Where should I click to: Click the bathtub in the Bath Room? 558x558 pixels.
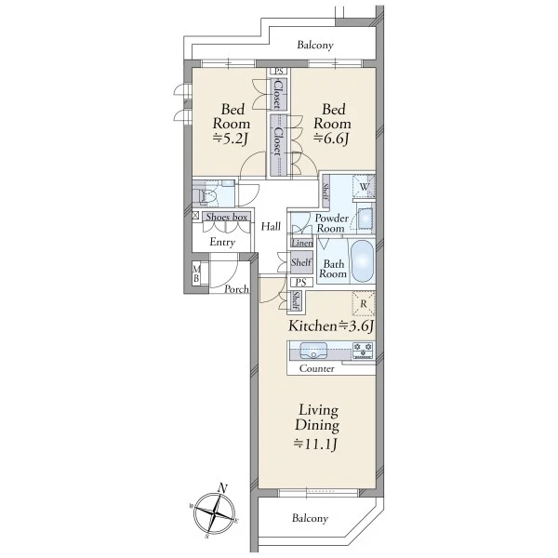363,261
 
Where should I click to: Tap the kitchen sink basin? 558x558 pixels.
313,351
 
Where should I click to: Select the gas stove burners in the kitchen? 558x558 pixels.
363,350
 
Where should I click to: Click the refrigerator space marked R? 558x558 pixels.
364,303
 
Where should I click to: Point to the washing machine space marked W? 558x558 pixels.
364,187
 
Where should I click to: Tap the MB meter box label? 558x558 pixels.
196,273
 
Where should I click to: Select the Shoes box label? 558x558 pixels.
227,217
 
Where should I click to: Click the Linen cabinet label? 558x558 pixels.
302,243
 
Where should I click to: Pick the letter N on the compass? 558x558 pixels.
223,488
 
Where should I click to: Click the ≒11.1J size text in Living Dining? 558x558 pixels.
315,444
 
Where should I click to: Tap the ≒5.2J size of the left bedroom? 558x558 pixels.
231,139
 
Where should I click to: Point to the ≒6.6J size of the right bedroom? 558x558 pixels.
331,138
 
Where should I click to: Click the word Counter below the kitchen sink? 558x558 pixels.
317,368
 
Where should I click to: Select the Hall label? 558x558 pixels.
271,226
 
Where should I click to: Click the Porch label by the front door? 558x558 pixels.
236,289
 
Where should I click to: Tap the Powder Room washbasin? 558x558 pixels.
365,218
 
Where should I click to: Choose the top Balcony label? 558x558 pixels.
315,46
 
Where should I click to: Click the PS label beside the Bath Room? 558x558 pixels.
301,283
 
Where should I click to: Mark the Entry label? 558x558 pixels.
222,243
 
